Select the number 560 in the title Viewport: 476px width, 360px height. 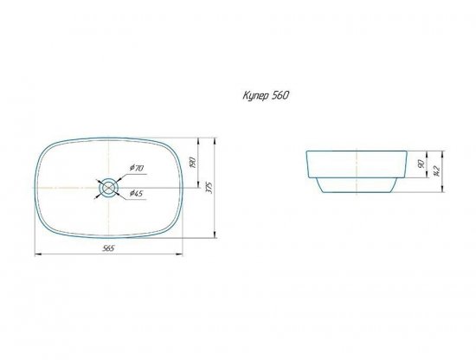280,95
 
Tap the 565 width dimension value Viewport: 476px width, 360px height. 109,248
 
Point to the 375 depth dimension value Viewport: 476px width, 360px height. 209,188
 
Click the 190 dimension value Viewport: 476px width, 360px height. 193,163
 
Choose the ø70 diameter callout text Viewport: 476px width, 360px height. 136,168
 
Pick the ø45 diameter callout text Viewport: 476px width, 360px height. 136,193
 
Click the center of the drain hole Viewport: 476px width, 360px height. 108,188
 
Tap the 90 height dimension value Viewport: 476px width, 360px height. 421,164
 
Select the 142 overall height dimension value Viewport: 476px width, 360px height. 437,171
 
